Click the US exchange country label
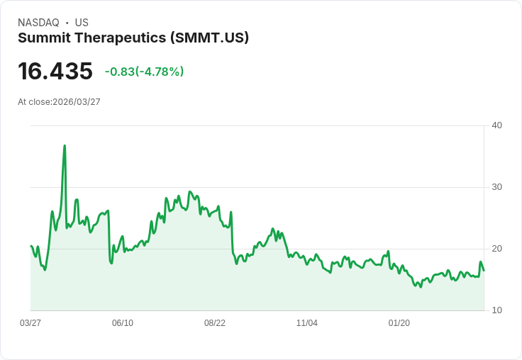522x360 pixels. (82, 23)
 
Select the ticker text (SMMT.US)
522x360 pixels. (209, 38)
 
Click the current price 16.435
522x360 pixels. (55, 71)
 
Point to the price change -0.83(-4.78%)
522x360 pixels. (144, 72)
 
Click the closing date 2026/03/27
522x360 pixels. (77, 102)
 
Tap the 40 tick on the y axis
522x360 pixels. (496, 125)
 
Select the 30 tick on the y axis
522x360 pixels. (496, 187)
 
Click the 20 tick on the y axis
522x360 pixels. (496, 249)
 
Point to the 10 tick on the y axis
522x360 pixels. (496, 310)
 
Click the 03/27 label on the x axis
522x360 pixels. (30, 323)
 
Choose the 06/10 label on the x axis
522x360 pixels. (123, 323)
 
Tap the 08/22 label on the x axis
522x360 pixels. (215, 323)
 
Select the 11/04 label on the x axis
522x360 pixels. (307, 323)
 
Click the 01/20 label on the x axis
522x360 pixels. (399, 323)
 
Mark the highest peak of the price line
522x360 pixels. (65, 146)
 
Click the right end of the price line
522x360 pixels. (484, 270)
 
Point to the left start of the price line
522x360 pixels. (31, 246)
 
